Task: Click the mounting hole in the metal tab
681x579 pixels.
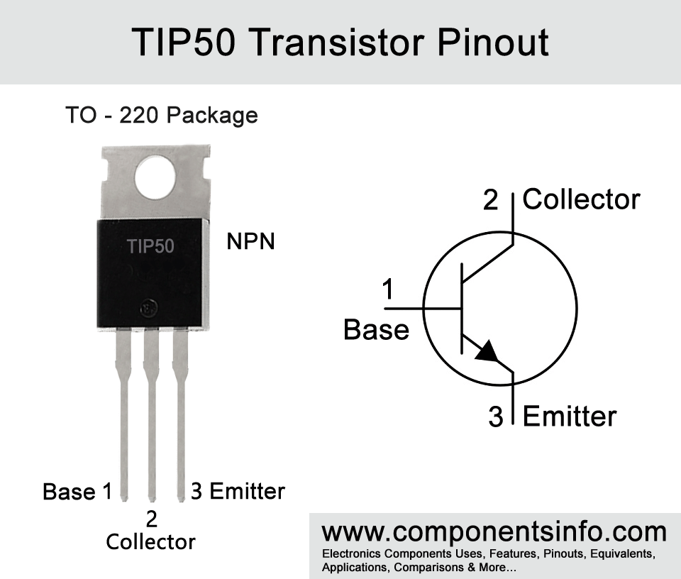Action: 155,178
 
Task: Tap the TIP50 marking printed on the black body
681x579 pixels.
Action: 150,246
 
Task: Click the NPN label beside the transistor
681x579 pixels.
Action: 250,241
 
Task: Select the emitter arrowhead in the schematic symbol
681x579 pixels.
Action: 488,352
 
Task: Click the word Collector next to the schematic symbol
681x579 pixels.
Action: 581,199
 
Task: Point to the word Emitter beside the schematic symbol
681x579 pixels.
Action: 570,416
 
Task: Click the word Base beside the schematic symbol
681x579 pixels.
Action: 376,329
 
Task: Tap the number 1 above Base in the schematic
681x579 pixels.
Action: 388,289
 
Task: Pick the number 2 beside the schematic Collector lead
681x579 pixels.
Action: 491,200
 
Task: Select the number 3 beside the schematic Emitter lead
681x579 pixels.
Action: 496,416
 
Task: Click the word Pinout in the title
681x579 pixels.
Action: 493,42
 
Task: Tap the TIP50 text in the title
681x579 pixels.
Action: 183,42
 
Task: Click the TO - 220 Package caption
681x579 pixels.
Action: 162,116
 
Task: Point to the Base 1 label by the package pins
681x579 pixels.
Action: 77,492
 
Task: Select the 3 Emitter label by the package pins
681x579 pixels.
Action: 238,491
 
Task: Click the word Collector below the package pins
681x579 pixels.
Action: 150,542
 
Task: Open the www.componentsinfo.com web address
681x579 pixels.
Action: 494,531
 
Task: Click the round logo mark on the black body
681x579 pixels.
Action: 148,308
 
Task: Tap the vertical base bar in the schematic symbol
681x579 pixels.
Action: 462,308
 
